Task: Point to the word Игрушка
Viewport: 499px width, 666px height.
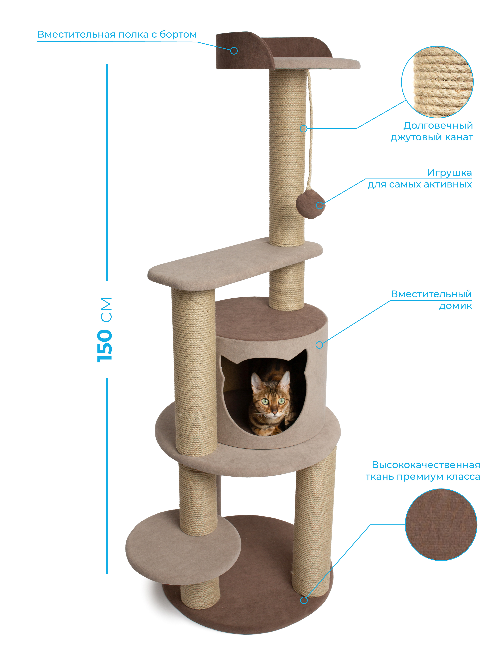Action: coord(449,173)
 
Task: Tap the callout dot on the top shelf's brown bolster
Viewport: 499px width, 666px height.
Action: coord(234,51)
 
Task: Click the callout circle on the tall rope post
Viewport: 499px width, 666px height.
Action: coord(304,129)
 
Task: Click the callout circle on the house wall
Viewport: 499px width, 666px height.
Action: coord(319,345)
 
